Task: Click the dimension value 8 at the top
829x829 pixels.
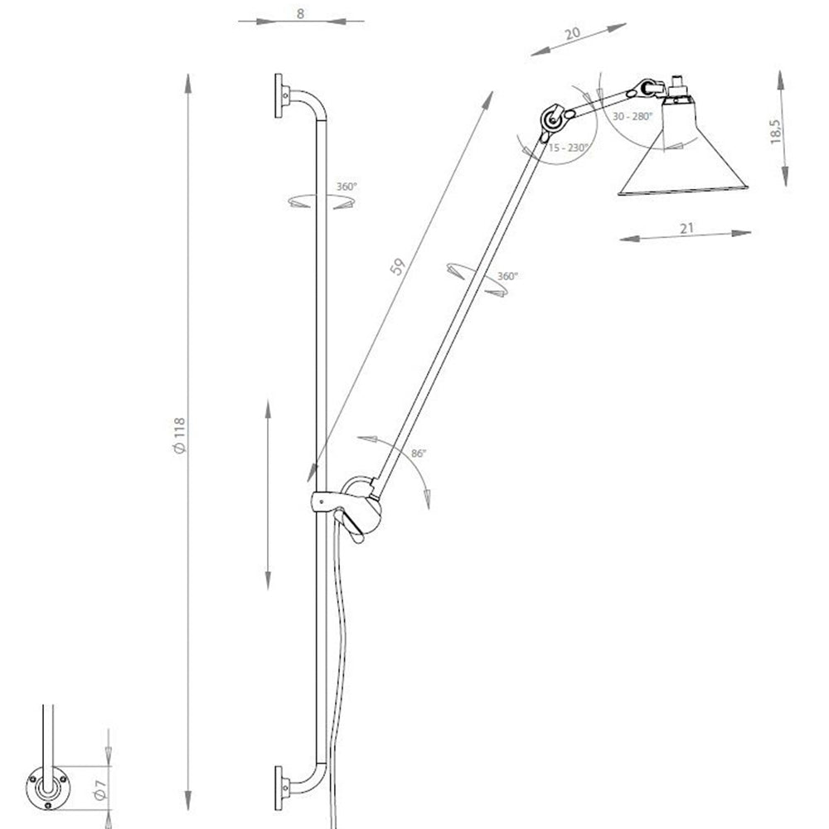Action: (x=300, y=13)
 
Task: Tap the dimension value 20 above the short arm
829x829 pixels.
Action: (x=573, y=33)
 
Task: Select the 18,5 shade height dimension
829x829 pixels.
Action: (x=775, y=131)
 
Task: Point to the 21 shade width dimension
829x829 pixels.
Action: (x=686, y=229)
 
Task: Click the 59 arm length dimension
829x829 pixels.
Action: (x=398, y=266)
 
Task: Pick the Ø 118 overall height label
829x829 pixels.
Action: (x=180, y=436)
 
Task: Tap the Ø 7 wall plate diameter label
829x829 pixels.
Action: (x=100, y=789)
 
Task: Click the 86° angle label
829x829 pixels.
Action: (x=418, y=453)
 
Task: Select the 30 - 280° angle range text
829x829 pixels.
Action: (x=633, y=116)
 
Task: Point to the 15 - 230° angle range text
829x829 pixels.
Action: (x=569, y=148)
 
